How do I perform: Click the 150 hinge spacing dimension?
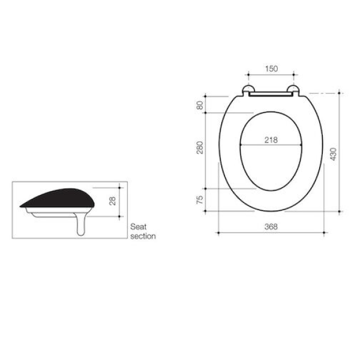coord(271,69)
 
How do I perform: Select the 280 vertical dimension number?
coord(200,146)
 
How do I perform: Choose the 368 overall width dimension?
coord(271,226)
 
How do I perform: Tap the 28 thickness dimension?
coord(112,200)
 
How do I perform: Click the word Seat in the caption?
coord(139,227)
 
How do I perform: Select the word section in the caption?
coord(143,236)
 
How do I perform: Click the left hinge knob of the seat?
coord(247,91)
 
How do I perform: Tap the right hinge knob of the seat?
coord(294,91)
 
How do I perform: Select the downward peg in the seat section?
coord(81,226)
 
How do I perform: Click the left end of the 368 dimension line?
coord(217,232)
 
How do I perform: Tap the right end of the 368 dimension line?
coord(325,232)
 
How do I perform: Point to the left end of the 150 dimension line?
coord(247,76)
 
